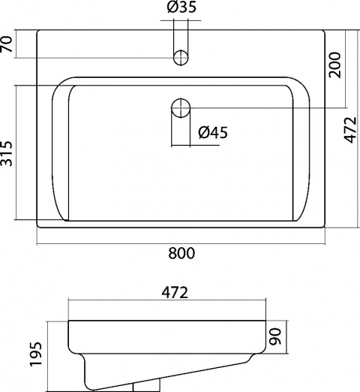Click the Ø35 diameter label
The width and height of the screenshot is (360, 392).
(181, 8)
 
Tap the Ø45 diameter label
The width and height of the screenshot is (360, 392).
(213, 132)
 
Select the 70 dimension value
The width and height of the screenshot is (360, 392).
(7, 44)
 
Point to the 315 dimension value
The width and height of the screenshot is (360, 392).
(7, 154)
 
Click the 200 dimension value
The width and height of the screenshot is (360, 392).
(334, 65)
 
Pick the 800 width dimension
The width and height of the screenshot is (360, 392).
(181, 253)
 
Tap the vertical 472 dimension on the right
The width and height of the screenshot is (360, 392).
(351, 130)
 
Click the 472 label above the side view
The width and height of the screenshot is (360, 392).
(175, 292)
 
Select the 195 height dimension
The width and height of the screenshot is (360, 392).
(36, 354)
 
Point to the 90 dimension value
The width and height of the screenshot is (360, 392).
(275, 336)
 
